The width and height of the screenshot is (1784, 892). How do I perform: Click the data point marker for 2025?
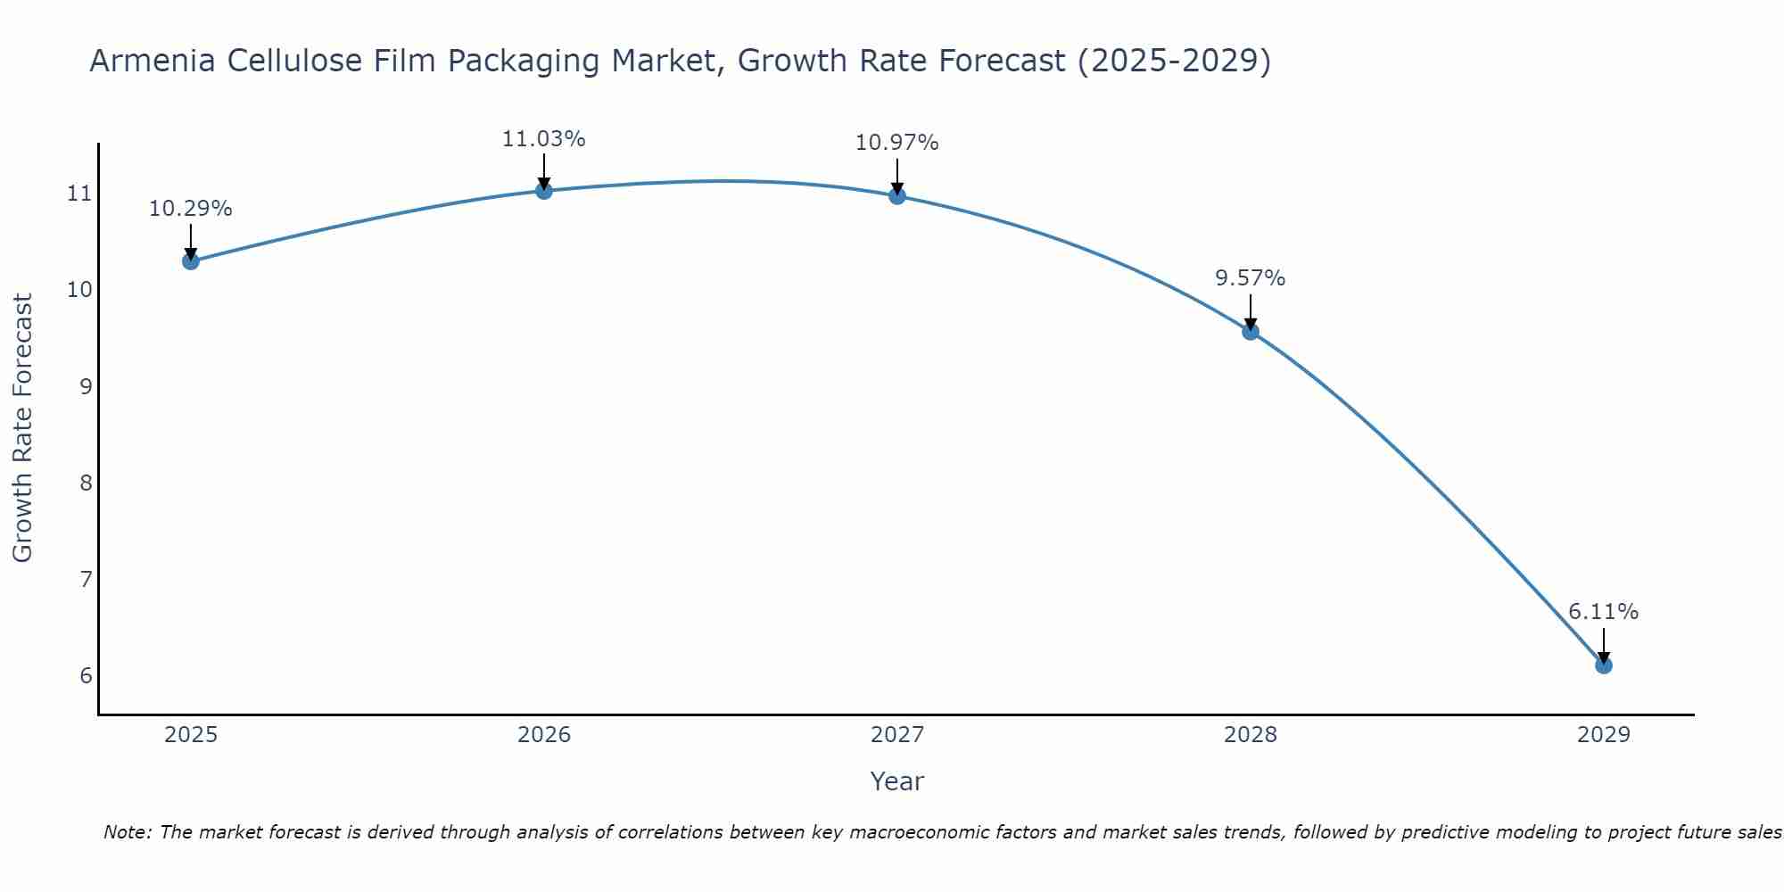coord(190,261)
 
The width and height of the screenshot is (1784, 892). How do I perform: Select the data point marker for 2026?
coord(543,190)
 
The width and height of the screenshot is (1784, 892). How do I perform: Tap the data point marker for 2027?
coord(897,196)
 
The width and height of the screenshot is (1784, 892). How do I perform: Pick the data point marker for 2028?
coord(1251,332)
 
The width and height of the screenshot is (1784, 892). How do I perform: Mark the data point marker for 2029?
coord(1604,665)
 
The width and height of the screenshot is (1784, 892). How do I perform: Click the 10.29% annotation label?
coord(190,209)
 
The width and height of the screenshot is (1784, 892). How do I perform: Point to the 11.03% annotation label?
coord(543,139)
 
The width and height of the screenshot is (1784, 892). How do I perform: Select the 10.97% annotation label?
coord(897,143)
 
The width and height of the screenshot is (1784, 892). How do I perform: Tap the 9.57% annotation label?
coord(1251,278)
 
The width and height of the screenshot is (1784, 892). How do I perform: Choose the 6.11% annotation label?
coord(1604,612)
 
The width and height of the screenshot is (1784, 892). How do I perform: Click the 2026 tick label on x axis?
coord(544,735)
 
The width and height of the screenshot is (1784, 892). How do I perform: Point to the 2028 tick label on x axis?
coord(1251,735)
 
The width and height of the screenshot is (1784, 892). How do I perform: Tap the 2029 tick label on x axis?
coord(1604,735)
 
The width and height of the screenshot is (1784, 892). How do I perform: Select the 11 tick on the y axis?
coord(80,194)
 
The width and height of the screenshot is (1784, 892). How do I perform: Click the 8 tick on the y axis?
coord(86,483)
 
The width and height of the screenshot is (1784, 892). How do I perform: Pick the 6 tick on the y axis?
coord(86,675)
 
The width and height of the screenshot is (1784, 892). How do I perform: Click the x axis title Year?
coord(897,781)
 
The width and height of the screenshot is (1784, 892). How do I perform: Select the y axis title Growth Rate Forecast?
coord(23,428)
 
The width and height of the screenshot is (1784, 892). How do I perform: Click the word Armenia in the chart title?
coord(150,61)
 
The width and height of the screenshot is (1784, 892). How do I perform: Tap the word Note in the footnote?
coord(126,832)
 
